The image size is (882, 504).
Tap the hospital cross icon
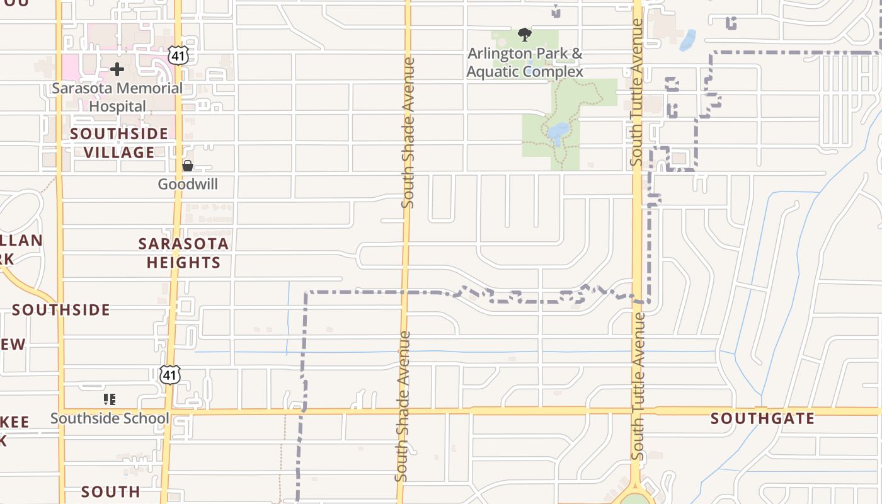(117, 69)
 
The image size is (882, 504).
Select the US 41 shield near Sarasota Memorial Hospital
(178, 55)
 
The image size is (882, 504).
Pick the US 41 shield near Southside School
(169, 374)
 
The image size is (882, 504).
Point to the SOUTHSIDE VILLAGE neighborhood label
(119, 143)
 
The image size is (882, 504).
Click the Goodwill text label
(188, 185)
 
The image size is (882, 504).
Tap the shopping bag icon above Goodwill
(188, 166)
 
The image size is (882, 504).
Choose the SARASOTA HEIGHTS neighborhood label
(183, 253)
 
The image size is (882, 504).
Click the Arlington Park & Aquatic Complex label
(525, 62)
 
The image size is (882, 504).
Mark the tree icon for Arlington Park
(524, 34)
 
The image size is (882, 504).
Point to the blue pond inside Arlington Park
(558, 131)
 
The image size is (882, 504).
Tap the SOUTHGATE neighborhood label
(762, 418)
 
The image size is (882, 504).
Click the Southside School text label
(110, 418)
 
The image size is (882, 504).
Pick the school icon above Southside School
(110, 399)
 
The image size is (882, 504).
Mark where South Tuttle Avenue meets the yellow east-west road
(638, 411)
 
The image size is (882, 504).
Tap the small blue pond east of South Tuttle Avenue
(688, 40)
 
